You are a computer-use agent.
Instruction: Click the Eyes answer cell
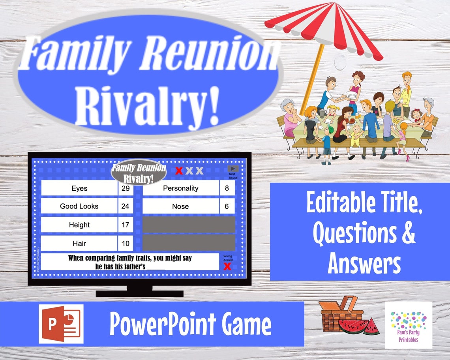79,188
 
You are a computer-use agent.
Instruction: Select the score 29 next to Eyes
126,188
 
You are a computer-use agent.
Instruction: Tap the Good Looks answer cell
79,206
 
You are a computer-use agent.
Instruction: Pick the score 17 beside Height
126,225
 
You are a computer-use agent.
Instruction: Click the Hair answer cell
79,243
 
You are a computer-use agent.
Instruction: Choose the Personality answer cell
180,188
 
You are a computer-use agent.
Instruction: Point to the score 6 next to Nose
227,206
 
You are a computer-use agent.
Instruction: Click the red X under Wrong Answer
227,267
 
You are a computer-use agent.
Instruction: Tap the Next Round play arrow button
233,169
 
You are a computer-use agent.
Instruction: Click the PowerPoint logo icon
61,324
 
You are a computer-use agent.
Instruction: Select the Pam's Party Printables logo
409,325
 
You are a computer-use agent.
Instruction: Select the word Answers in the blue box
364,263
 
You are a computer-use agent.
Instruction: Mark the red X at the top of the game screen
179,171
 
